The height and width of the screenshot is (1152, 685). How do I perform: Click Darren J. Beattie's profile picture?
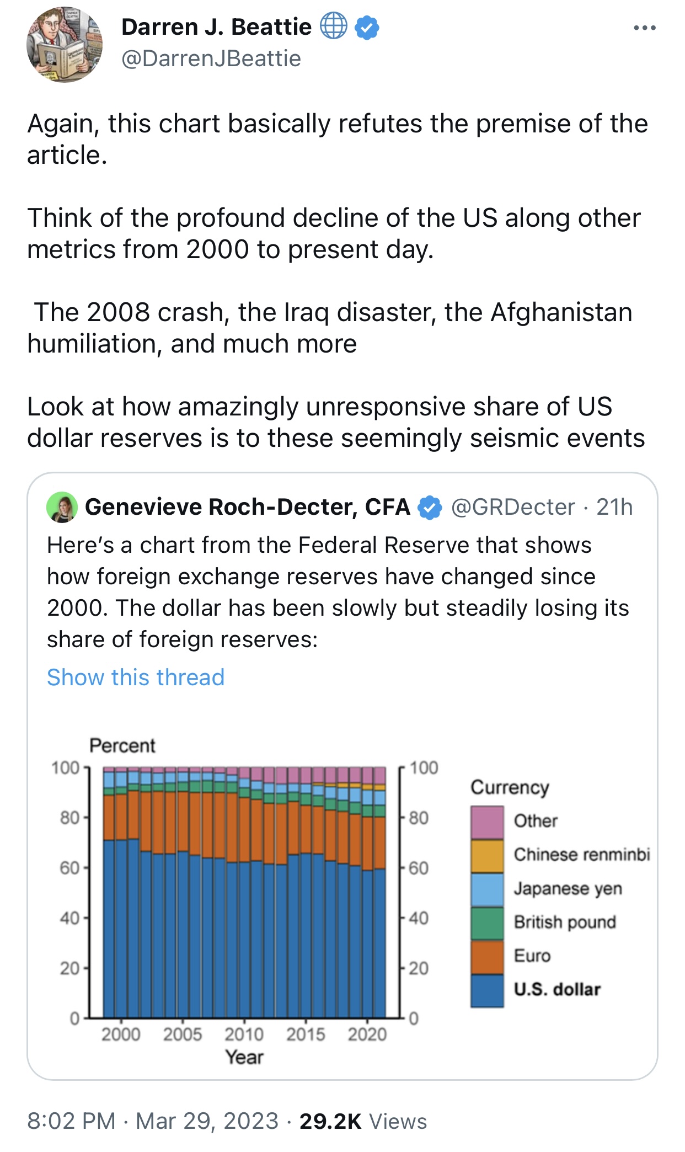pyautogui.click(x=65, y=45)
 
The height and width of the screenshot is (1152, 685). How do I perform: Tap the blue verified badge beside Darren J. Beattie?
pyautogui.click(x=367, y=27)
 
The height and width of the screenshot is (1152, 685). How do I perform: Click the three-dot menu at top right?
pyautogui.click(x=645, y=28)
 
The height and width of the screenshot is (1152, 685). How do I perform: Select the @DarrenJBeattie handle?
pyautogui.click(x=211, y=58)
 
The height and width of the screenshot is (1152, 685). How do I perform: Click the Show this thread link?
pyautogui.click(x=136, y=677)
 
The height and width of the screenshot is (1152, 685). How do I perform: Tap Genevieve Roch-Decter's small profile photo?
pyautogui.click(x=62, y=507)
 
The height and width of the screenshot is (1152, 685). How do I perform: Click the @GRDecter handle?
pyautogui.click(x=513, y=507)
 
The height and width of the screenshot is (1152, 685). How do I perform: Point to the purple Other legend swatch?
pyautogui.click(x=487, y=822)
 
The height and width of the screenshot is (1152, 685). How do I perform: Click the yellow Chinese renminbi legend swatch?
pyautogui.click(x=487, y=856)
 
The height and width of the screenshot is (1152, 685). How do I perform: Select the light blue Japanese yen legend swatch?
pyautogui.click(x=487, y=889)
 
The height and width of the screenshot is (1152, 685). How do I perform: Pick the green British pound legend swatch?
pyautogui.click(x=487, y=923)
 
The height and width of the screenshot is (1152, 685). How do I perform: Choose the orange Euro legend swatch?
pyautogui.click(x=487, y=957)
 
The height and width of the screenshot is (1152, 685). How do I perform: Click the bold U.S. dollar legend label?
pyautogui.click(x=557, y=989)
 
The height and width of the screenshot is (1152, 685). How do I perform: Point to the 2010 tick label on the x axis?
pyautogui.click(x=244, y=1034)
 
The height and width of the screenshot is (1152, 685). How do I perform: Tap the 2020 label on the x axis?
pyautogui.click(x=367, y=1034)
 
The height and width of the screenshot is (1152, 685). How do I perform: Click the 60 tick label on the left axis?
pyautogui.click(x=70, y=868)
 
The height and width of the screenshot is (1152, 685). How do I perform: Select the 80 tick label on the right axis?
pyautogui.click(x=419, y=818)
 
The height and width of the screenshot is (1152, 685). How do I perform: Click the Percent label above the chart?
pyautogui.click(x=122, y=745)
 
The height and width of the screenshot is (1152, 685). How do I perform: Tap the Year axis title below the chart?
pyautogui.click(x=244, y=1057)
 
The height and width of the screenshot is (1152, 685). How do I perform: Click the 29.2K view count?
pyautogui.click(x=330, y=1121)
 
